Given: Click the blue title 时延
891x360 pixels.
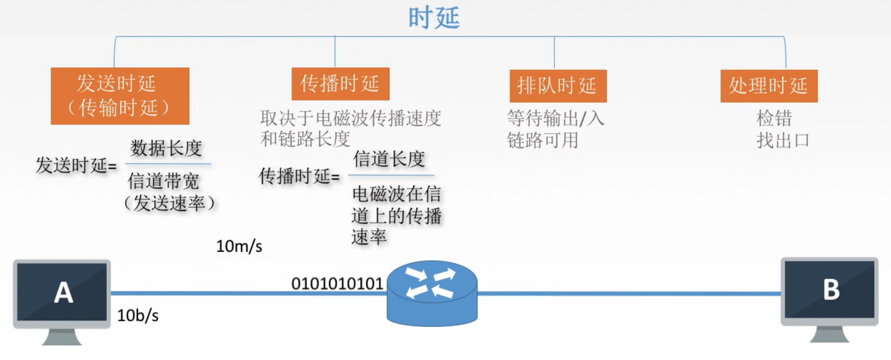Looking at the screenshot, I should [x=434, y=18].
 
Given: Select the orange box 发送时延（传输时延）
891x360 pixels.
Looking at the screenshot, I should [x=120, y=96].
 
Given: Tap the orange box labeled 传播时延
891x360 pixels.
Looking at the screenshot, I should [x=340, y=84].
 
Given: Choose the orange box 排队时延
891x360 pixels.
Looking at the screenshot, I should [x=558, y=86].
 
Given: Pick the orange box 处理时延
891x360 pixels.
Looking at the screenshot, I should [x=768, y=86].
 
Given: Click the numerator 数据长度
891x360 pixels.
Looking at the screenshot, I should [x=166, y=148].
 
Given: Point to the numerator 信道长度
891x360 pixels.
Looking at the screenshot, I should [x=389, y=159].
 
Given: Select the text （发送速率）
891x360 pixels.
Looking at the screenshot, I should [x=169, y=203].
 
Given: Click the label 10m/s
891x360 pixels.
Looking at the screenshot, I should [x=239, y=247].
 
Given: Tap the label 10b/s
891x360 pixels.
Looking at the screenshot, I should [x=138, y=316].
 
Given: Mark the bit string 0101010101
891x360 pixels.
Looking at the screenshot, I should [x=337, y=284].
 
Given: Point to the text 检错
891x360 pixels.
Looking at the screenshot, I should [x=774, y=118].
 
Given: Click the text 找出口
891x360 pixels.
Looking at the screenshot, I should [x=783, y=140].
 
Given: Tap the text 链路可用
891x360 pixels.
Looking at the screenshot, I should [x=543, y=140].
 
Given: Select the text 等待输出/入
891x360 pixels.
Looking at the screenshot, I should [x=555, y=118].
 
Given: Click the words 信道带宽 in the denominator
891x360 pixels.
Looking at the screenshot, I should [x=163, y=181].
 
